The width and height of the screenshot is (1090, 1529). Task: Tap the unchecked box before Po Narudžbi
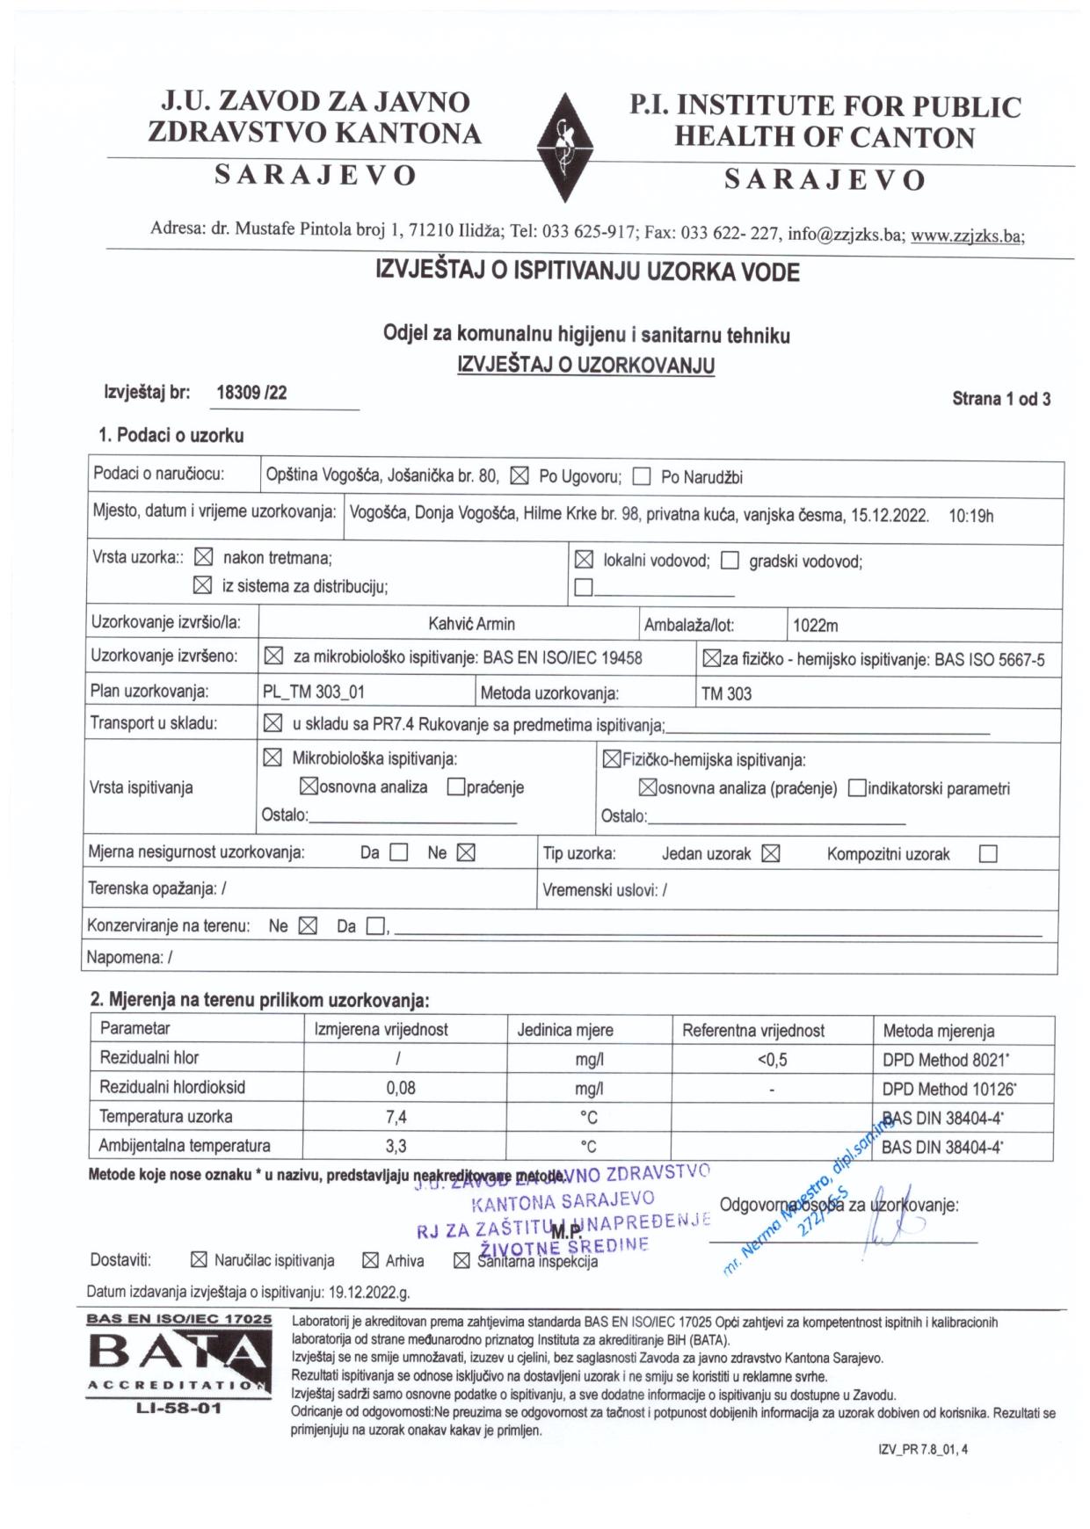point(642,477)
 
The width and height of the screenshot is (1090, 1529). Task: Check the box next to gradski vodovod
point(730,562)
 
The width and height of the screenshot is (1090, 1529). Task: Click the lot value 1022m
point(815,626)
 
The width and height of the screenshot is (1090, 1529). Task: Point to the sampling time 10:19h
point(970,516)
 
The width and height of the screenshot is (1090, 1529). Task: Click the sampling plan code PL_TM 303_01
point(314,692)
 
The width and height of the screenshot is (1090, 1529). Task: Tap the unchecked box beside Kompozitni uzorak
point(988,854)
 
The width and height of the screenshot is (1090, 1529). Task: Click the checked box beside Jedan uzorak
point(771,854)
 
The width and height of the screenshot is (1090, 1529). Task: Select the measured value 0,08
point(401,1088)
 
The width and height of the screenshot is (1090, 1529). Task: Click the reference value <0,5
point(772,1060)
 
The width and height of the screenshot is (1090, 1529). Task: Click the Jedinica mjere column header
point(565,1030)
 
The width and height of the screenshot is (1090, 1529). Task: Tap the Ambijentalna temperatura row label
point(185,1146)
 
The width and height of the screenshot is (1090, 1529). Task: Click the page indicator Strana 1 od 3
point(1001,399)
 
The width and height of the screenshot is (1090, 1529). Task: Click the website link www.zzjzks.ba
point(966,236)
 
